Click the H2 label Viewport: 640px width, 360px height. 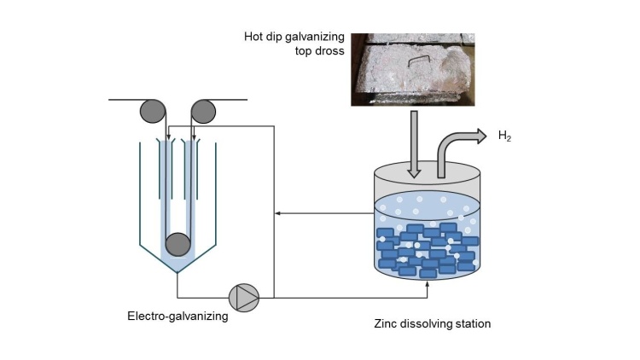504,136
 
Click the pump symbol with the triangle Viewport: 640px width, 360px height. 244,297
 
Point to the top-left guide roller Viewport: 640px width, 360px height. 154,111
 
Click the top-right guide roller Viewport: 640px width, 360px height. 204,111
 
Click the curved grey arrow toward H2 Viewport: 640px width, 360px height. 457,145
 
